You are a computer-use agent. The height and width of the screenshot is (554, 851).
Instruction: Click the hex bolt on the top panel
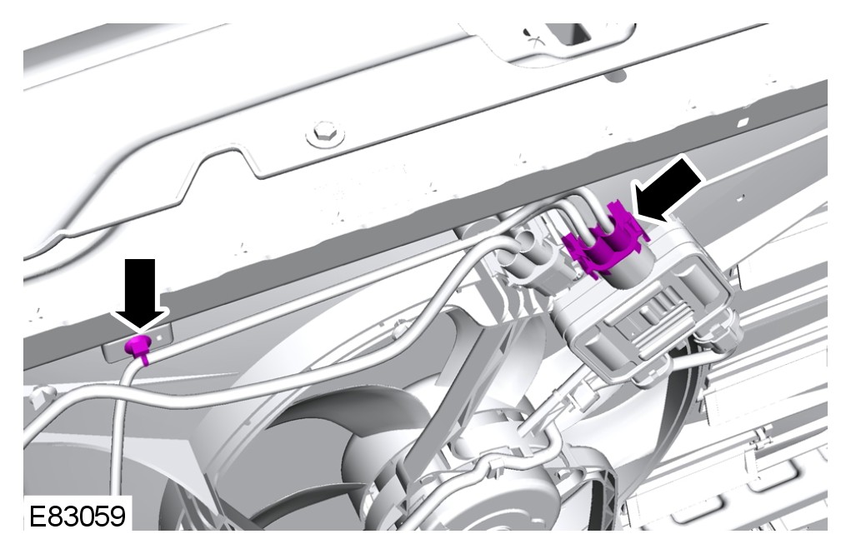pos(325,133)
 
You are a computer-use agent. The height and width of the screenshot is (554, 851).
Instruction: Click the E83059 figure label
pos(77,515)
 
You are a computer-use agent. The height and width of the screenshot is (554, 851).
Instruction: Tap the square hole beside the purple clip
pos(159,337)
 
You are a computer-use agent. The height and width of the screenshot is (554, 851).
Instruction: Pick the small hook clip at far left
pos(39,395)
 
